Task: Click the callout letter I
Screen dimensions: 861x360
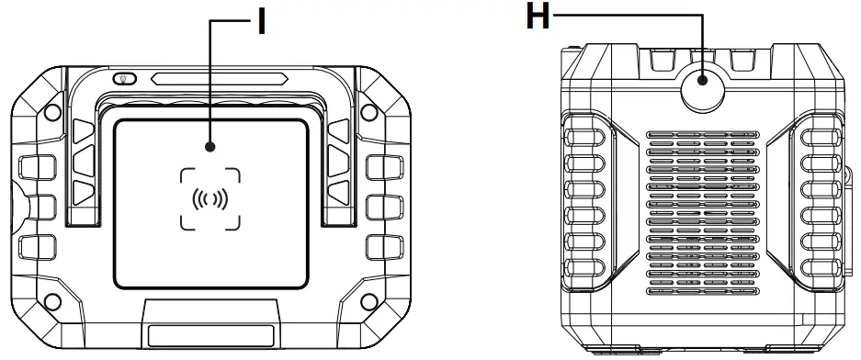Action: click(x=262, y=22)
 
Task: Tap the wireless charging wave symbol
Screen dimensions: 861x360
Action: click(x=210, y=199)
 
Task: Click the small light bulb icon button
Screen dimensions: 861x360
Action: click(x=125, y=78)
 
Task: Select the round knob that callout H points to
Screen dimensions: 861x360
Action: click(x=703, y=88)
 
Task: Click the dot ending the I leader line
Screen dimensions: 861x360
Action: click(x=210, y=147)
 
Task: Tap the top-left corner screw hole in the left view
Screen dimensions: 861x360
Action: click(x=52, y=112)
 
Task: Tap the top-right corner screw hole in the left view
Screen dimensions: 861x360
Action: click(x=369, y=112)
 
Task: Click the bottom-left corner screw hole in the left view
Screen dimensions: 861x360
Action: click(x=52, y=301)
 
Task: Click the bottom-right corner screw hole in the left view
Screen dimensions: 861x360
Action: click(x=369, y=301)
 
